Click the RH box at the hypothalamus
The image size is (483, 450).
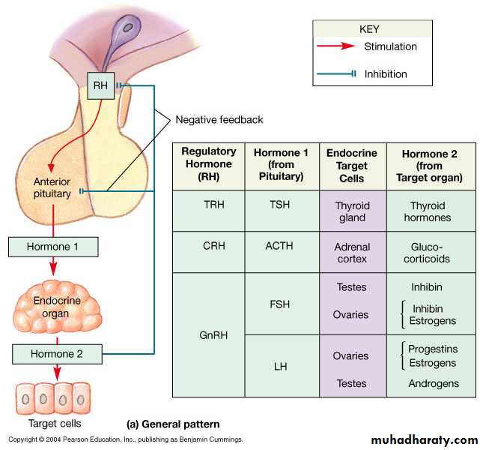100,86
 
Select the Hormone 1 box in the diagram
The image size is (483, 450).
52,246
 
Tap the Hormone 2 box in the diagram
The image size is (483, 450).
56,352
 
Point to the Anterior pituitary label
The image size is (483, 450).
52,187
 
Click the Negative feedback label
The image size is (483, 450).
219,119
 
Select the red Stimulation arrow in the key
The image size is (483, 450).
338,46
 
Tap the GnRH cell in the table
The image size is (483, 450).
208,334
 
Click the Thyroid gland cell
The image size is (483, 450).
352,211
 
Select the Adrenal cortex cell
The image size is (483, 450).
352,252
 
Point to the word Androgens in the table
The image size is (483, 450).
434,383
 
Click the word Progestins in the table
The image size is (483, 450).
434,349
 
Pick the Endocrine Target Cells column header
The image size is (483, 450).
352,165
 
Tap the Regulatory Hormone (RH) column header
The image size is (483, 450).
208,165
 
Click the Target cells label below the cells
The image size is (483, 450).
54,423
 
